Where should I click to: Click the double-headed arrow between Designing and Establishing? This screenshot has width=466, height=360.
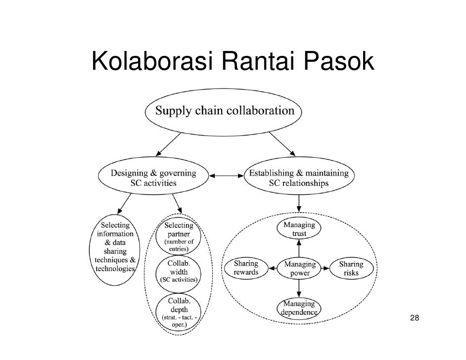pyautogui.click(x=226, y=175)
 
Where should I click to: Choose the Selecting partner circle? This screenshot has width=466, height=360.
pyautogui.click(x=179, y=237)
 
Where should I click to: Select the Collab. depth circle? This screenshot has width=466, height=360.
pyautogui.click(x=179, y=310)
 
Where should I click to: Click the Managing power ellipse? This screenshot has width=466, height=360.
pyautogui.click(x=299, y=269)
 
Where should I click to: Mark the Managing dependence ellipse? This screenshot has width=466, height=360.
pyautogui.click(x=299, y=308)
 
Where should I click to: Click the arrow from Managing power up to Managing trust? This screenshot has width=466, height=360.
pyautogui.click(x=299, y=248)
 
